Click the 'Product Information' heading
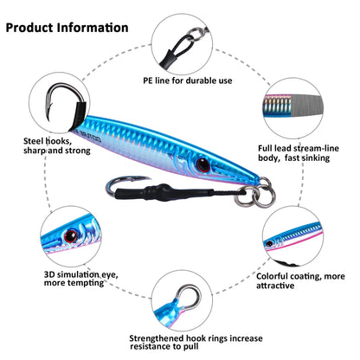tap(67, 28)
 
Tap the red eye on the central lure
tap(203, 164)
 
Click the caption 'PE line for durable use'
tap(188, 80)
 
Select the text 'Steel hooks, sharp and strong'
tap(57, 146)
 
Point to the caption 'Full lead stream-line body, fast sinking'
tap(299, 153)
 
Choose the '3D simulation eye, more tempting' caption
tap(81, 279)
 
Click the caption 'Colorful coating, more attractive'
tap(300, 280)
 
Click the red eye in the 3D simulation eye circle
tap(71, 236)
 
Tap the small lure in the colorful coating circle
tap(292, 235)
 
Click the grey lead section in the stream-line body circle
tap(305, 106)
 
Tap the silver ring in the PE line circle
tap(196, 34)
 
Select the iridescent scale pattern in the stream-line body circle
tap(277, 106)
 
